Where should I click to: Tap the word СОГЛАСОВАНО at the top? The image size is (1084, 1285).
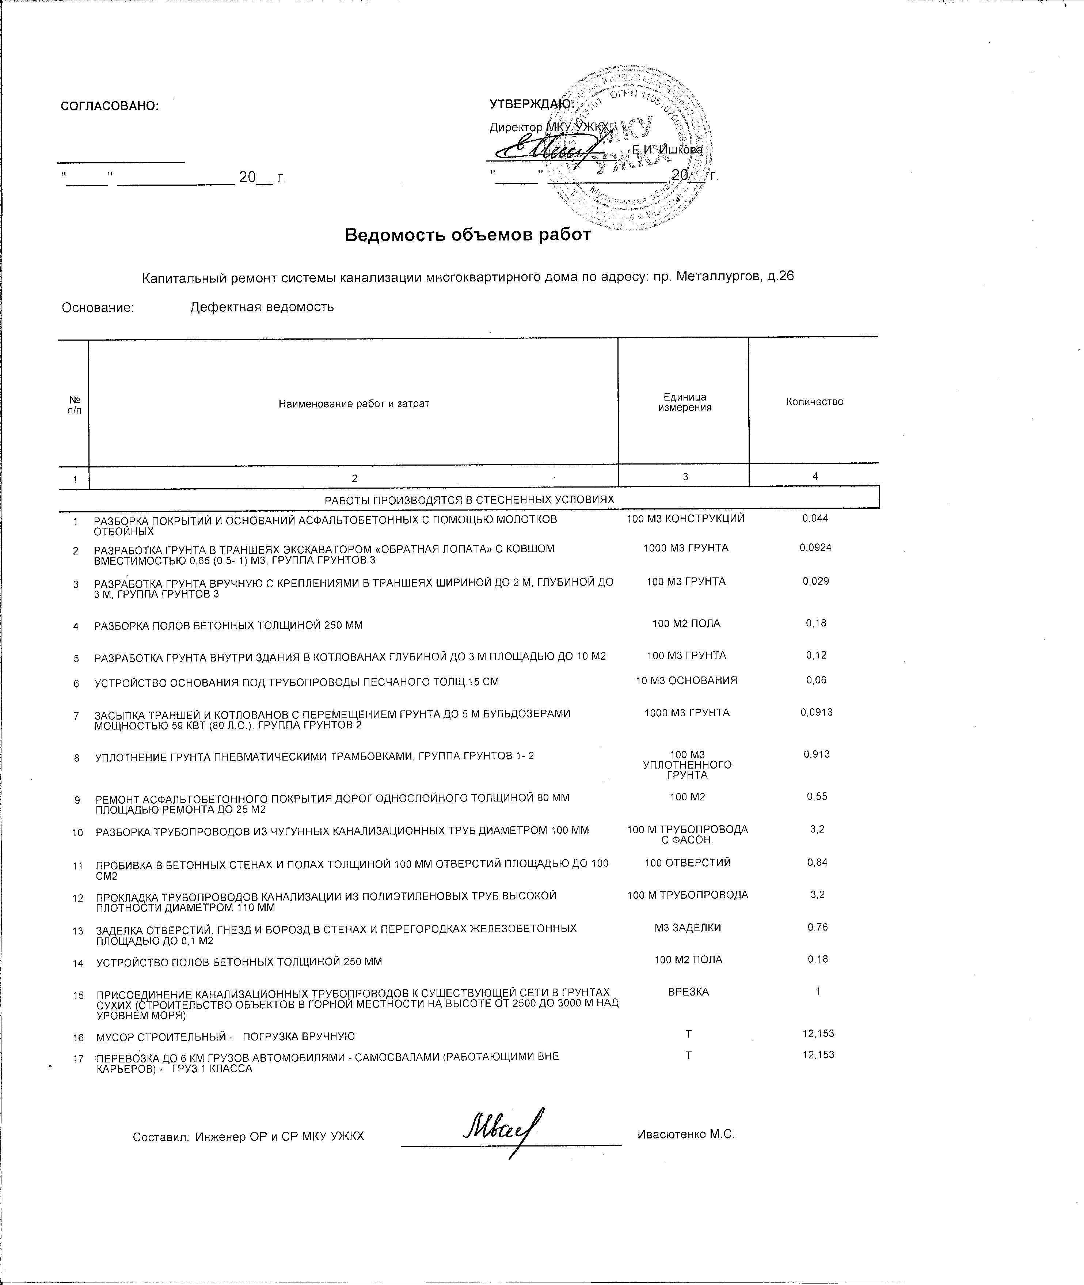point(109,106)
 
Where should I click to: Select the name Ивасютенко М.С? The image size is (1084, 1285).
point(686,1134)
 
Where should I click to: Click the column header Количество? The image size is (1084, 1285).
point(814,402)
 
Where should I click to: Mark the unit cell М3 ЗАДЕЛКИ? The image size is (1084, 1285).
point(688,928)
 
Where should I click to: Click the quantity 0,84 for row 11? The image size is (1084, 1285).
point(817,863)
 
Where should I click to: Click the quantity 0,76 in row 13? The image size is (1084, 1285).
point(817,927)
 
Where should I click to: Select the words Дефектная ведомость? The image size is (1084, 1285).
point(262,307)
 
